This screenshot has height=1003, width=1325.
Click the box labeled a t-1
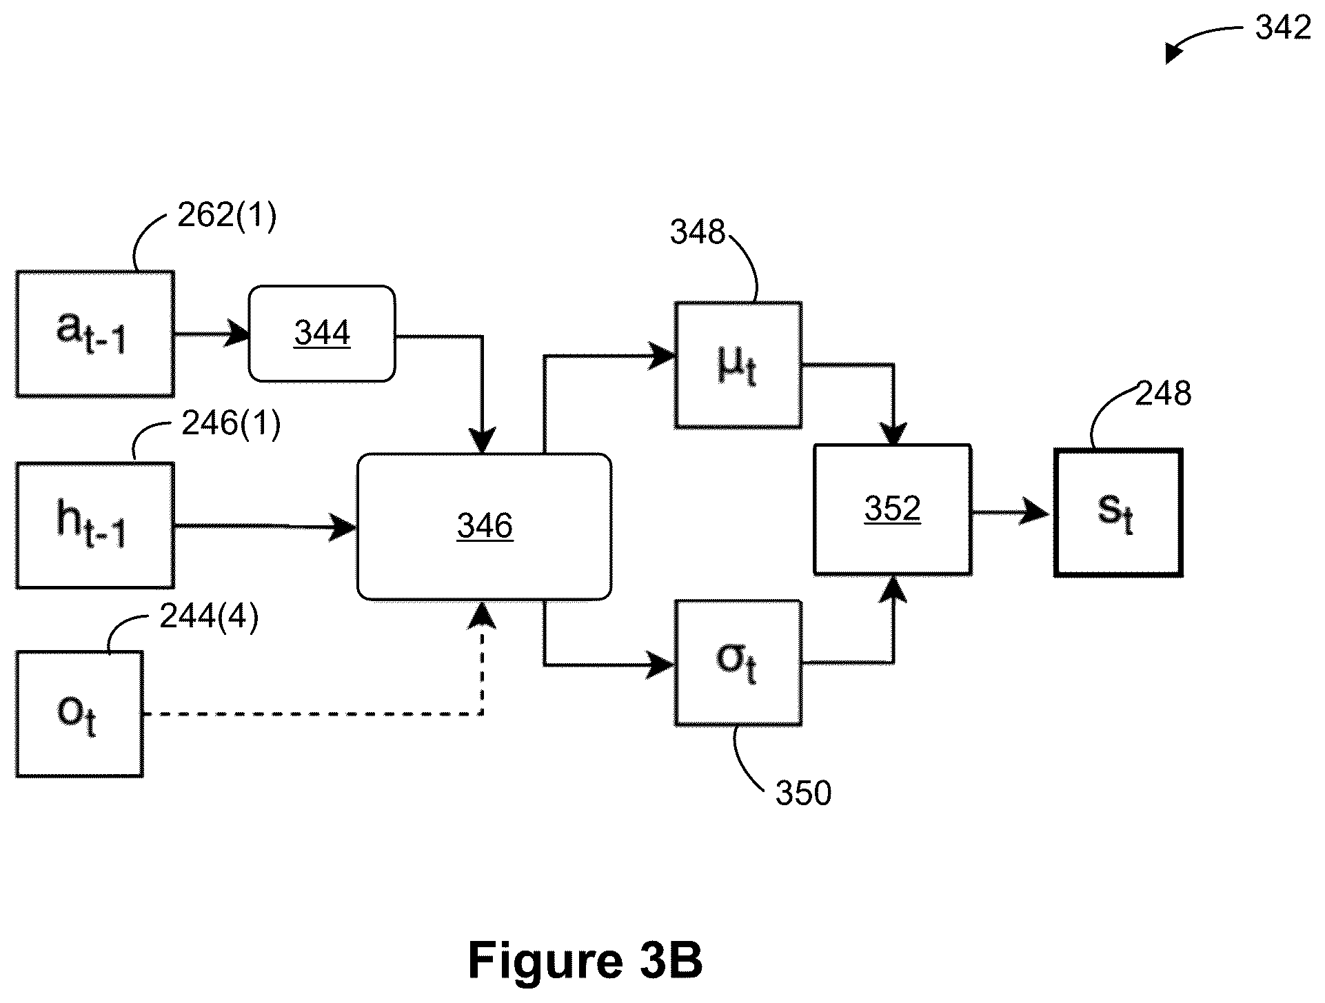[x=95, y=334]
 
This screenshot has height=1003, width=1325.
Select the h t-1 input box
[x=95, y=525]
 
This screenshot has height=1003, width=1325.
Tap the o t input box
[x=79, y=714]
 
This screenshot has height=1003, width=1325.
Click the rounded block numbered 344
[x=322, y=334]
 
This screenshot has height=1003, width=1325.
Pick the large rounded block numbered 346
[x=484, y=527]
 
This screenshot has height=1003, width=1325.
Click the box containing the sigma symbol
[x=738, y=662]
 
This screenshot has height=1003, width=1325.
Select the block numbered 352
[x=893, y=509]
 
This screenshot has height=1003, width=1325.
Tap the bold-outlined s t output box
[x=1118, y=513]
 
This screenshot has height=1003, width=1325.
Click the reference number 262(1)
[x=227, y=216]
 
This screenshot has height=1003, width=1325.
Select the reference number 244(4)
[x=209, y=616]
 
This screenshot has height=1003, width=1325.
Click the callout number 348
[x=698, y=232]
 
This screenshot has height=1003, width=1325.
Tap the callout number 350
[x=804, y=793]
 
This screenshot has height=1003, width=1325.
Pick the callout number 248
[x=1163, y=394]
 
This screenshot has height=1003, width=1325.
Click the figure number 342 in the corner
[x=1283, y=28]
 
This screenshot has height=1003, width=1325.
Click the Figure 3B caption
[x=585, y=960]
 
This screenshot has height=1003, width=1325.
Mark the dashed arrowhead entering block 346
[x=482, y=616]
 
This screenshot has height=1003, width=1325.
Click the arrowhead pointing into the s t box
[x=1036, y=512]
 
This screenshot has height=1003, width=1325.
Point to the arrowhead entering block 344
[x=238, y=334]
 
